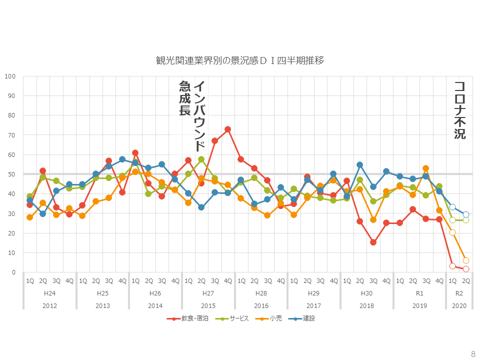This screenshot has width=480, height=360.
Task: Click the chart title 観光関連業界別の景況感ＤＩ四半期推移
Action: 240,61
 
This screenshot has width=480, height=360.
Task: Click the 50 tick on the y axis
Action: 12,174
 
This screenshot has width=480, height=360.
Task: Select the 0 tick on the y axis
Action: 14,272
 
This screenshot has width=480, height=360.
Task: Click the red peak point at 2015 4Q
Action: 227,129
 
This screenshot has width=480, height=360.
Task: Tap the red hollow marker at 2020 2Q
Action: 466,269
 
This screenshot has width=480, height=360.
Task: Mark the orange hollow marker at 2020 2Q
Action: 466,260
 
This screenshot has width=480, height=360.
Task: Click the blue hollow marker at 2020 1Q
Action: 452,207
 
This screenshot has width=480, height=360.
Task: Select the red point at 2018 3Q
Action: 373,242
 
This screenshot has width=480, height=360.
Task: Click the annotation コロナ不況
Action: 459,110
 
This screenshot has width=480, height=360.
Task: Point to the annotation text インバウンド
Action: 199,116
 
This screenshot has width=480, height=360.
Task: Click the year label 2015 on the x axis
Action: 208,305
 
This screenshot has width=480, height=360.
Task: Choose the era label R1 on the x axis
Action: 419,293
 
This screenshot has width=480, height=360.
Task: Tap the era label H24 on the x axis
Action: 49,293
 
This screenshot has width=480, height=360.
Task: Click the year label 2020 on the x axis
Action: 459,305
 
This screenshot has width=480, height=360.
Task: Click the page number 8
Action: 472,353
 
